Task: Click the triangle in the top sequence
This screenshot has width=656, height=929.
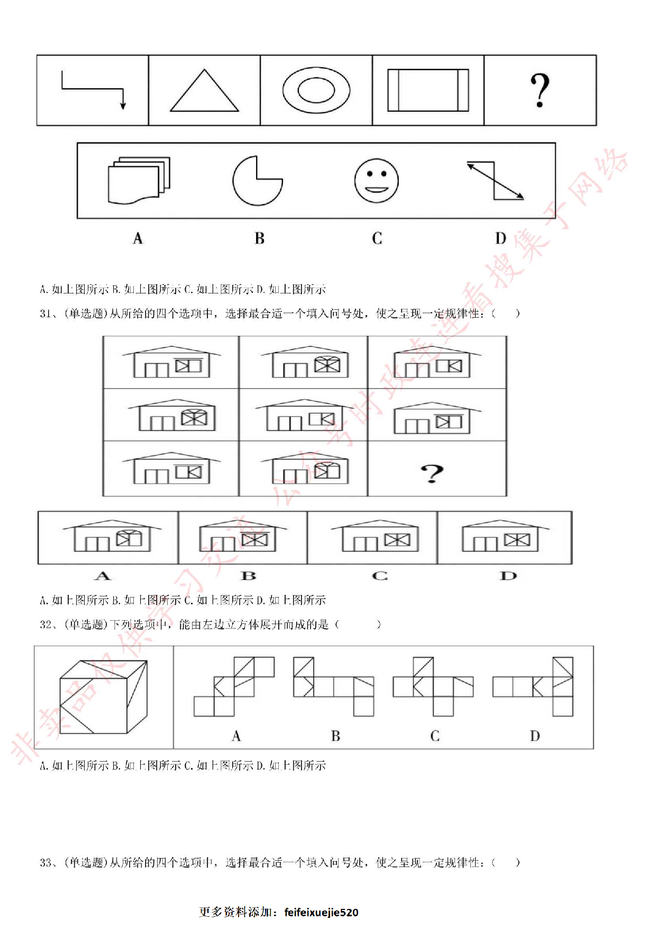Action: tap(204, 91)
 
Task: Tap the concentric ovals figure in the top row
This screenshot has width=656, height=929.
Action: tap(316, 90)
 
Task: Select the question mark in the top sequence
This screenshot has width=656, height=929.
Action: tap(540, 91)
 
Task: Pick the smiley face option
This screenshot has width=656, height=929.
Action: tap(376, 181)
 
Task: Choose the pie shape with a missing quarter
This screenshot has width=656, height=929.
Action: tap(257, 181)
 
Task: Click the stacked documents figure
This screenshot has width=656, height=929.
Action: tap(139, 180)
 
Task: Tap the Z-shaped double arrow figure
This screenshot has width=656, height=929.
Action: tap(495, 181)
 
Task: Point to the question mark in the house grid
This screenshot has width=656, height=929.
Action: tap(432, 473)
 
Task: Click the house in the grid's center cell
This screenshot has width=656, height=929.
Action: tap(303, 416)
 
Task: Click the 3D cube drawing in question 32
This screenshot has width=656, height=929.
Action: tap(103, 696)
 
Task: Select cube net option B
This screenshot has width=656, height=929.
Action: tap(334, 686)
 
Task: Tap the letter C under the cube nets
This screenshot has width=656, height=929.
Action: tap(435, 736)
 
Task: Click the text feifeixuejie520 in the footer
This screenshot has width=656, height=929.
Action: tap(321, 912)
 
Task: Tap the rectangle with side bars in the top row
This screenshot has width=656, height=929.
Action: tap(428, 90)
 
